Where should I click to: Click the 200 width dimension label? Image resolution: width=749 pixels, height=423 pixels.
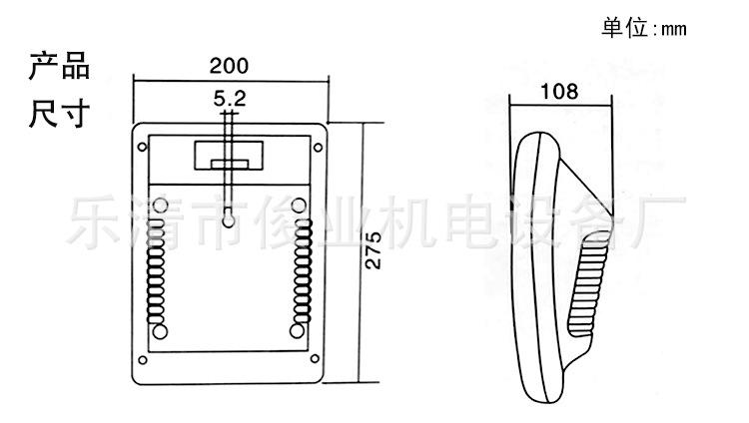point(229,66)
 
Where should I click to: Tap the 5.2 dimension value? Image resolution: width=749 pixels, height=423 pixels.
point(230,99)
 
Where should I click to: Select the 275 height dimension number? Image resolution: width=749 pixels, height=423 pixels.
point(374,250)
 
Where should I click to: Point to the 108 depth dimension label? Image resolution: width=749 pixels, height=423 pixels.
point(559,91)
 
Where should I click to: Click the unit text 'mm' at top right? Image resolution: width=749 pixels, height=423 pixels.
point(673,30)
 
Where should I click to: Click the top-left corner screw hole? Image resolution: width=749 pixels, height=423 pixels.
point(142,147)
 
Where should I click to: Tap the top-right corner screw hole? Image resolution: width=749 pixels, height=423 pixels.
point(318,148)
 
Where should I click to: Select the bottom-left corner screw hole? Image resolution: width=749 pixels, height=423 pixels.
point(143,360)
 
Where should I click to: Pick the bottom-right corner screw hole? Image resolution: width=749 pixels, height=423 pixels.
point(316,358)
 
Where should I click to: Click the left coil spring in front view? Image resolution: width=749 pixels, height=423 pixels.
point(155,271)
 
